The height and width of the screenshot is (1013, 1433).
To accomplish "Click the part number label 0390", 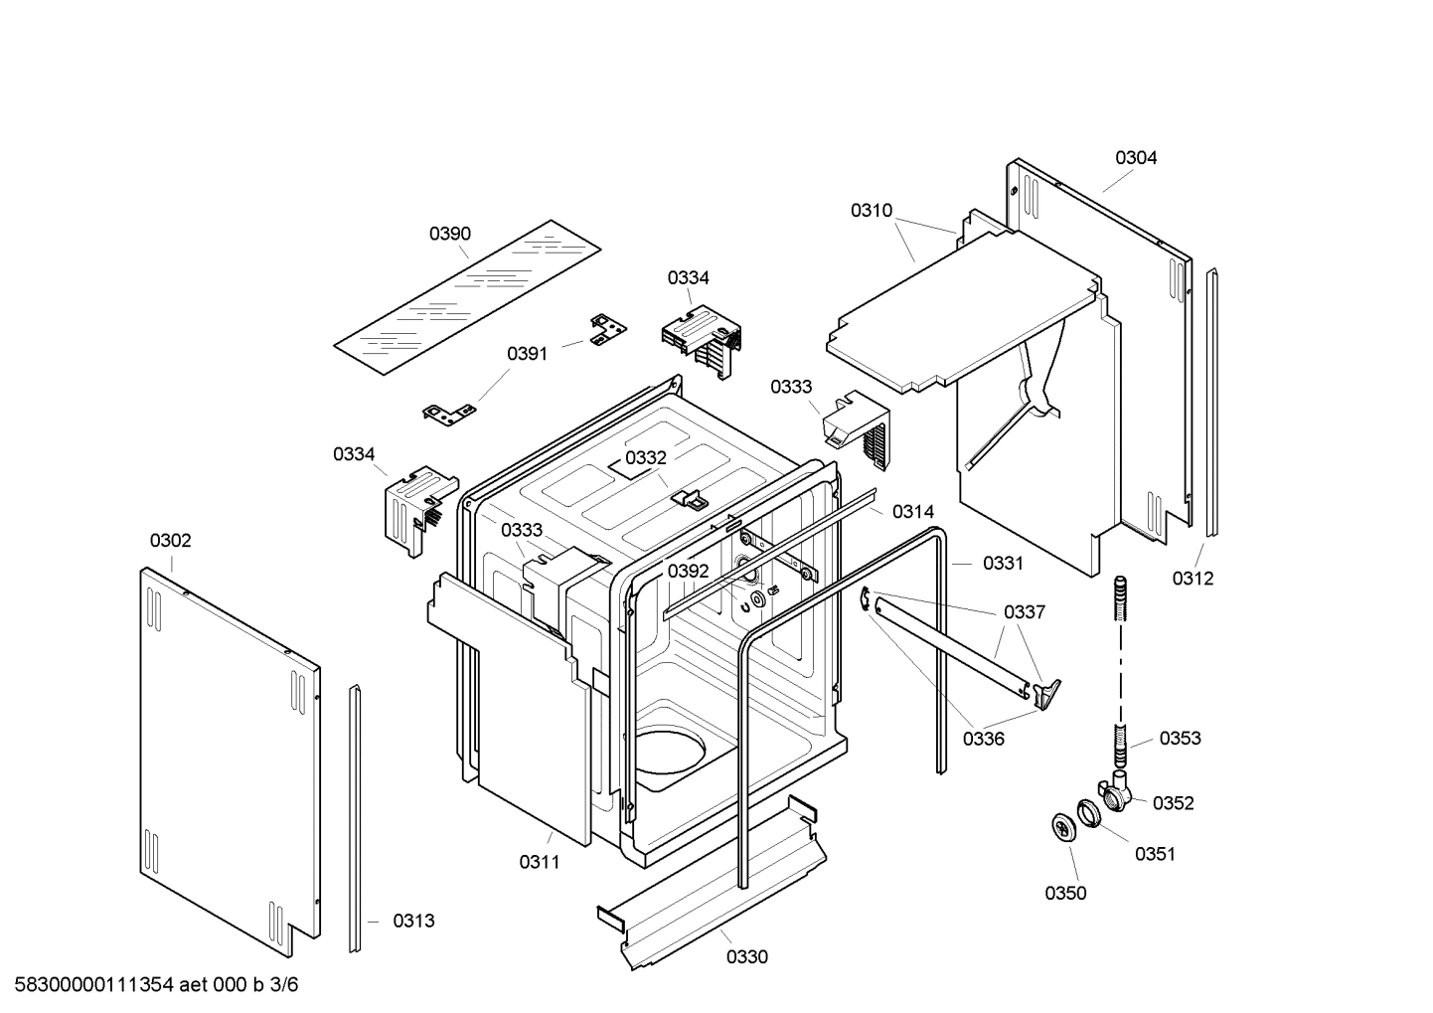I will [x=450, y=234].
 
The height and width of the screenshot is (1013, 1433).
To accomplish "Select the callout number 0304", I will [x=1135, y=157].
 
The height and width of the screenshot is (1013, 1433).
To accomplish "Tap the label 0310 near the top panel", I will [x=872, y=211].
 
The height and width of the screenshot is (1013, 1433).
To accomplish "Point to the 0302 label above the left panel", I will [x=171, y=541].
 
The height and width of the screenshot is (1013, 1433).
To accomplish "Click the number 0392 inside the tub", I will [x=688, y=571].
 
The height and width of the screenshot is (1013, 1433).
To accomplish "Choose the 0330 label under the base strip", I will [x=746, y=957].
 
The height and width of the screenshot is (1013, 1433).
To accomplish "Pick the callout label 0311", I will [x=540, y=862].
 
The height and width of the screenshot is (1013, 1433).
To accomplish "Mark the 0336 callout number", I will [x=983, y=739].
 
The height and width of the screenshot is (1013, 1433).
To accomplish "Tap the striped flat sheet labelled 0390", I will [x=468, y=298].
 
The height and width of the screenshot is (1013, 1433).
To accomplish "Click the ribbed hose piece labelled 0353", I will [x=1121, y=746].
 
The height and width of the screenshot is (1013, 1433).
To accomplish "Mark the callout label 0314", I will [x=912, y=512].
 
